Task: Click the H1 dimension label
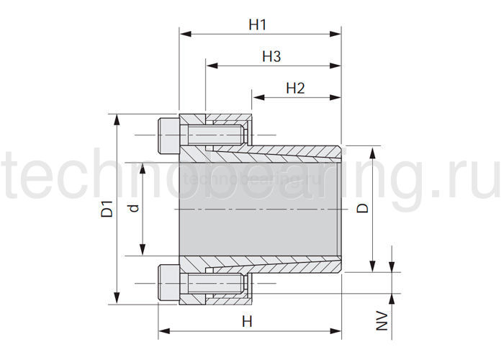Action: point(258,24)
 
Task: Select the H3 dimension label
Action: point(271,56)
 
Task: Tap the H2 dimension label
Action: point(295,88)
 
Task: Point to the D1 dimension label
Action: point(107,209)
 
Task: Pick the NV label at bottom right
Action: point(382,320)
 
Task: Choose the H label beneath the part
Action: point(247,321)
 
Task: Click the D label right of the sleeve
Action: point(363,208)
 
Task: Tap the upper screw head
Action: point(168,135)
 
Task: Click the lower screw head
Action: point(168,283)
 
